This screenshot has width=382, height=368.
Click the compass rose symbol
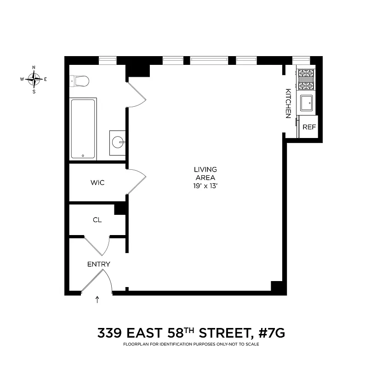(34, 79)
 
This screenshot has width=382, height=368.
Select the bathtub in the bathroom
(83, 129)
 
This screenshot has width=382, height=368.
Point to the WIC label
(97, 183)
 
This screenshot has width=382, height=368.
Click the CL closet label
(97, 220)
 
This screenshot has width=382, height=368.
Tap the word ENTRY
(99, 264)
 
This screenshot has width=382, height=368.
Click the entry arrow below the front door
(97, 300)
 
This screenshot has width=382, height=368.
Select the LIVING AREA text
(205, 173)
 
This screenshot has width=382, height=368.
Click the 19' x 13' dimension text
(205, 186)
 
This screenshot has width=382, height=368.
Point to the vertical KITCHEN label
(288, 103)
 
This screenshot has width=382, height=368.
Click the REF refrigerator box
(309, 127)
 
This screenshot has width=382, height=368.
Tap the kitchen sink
(307, 103)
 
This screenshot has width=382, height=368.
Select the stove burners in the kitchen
(306, 79)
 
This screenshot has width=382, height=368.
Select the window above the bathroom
(108, 59)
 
